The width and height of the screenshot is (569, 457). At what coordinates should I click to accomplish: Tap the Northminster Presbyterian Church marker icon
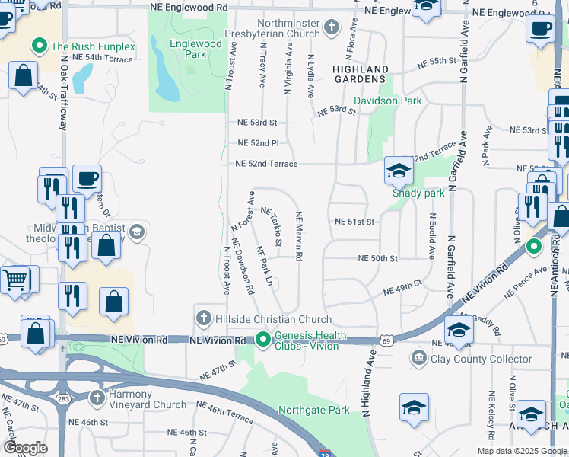(x=331, y=28)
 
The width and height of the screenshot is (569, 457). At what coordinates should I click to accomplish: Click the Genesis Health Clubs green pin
(x=263, y=338)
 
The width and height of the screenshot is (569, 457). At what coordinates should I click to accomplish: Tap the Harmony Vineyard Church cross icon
(x=97, y=398)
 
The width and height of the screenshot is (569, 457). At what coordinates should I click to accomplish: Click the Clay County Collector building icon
(x=419, y=358)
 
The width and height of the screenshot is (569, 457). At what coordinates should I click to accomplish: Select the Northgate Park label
(x=314, y=411)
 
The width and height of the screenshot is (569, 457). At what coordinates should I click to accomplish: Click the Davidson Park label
(x=388, y=101)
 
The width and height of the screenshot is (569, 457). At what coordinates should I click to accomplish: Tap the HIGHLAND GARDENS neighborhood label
(x=361, y=75)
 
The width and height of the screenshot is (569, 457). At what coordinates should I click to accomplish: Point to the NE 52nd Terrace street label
(x=266, y=164)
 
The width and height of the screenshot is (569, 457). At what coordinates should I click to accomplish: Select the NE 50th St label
(x=379, y=259)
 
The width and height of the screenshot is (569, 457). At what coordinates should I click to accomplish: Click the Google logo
(x=26, y=448)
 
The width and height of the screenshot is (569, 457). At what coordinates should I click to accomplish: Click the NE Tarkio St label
(x=274, y=227)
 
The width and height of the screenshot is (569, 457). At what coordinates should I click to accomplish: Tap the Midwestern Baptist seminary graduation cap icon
(x=137, y=232)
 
